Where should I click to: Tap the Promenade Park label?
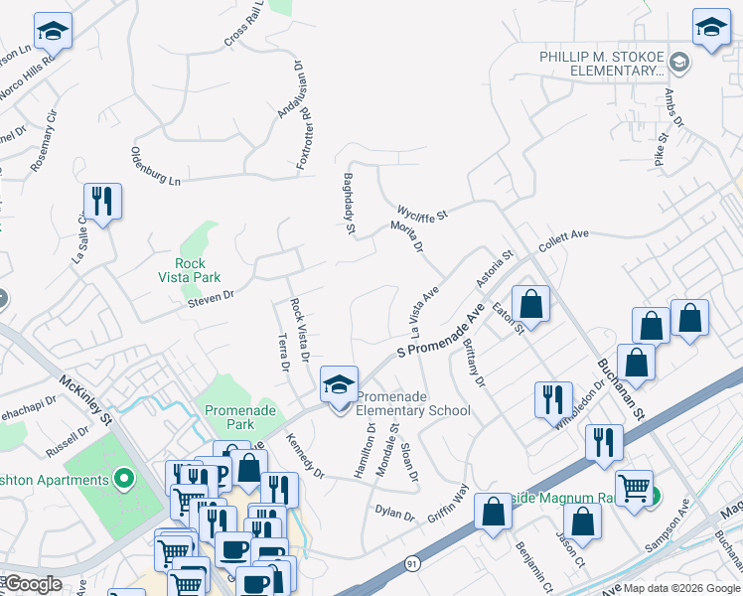point(229,417)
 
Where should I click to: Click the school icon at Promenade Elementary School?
point(339,384)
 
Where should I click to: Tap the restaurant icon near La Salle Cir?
point(102,202)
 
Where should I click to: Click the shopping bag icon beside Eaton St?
point(531,303)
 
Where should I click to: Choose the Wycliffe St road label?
point(423,213)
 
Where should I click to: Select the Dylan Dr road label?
point(394,514)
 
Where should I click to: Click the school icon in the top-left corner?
point(52,32)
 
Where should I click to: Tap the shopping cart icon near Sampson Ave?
point(634,488)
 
